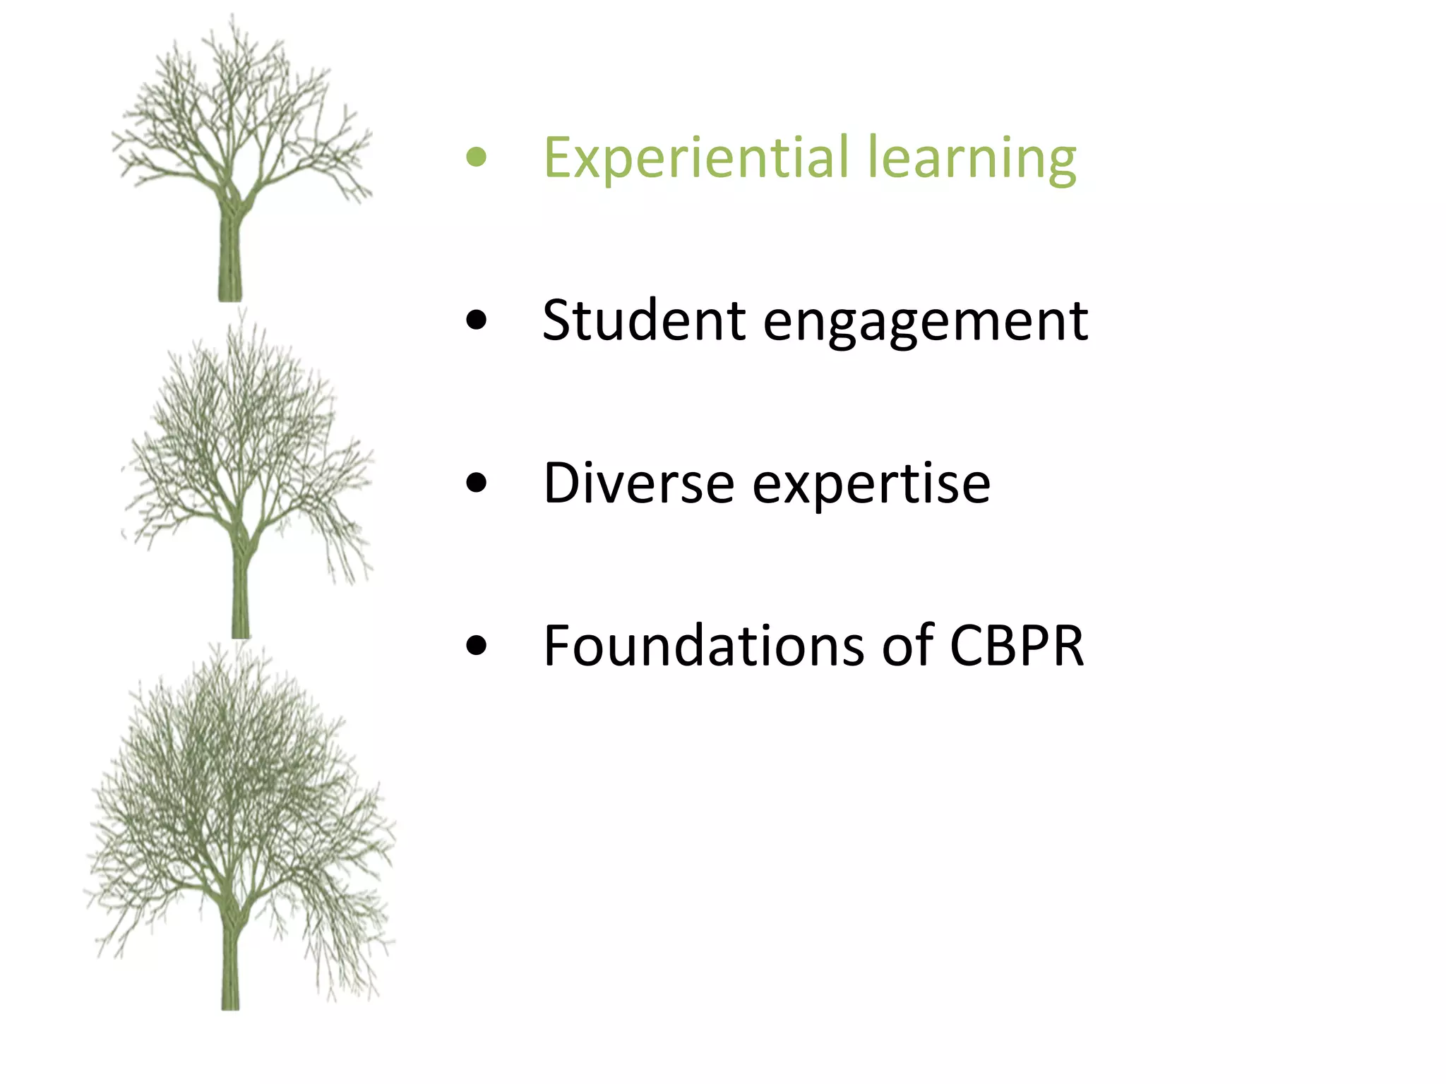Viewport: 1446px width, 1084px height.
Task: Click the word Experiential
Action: point(695,158)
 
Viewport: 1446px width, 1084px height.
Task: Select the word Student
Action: point(643,321)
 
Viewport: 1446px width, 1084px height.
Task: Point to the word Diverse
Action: point(639,483)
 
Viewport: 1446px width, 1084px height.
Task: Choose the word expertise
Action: point(871,486)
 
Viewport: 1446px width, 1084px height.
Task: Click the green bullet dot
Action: point(477,157)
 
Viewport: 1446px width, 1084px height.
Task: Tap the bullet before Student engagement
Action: point(477,320)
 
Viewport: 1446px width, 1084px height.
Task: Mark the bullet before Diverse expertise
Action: point(477,483)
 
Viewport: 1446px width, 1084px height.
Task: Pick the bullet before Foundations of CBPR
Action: point(477,646)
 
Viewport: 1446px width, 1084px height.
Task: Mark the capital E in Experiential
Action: point(557,158)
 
